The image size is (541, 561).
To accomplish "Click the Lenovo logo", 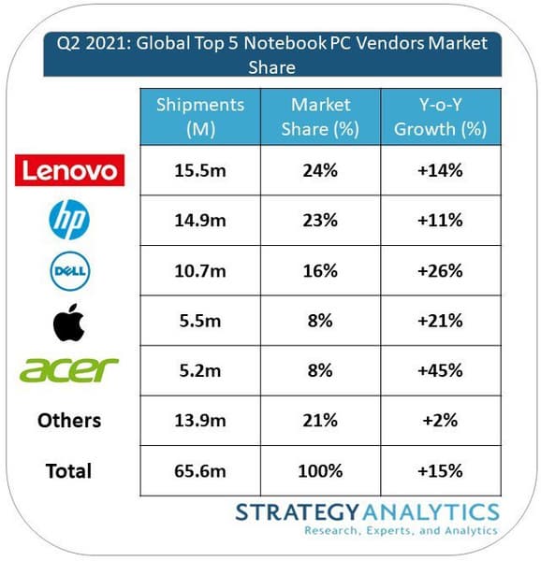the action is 69,170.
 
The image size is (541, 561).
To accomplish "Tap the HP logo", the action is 69,220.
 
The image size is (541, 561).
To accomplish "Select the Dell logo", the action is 70,271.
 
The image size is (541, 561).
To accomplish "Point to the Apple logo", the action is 68,322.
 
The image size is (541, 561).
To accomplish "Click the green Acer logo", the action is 68,370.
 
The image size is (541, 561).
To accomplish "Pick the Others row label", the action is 69,421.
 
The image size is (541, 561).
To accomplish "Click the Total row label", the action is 68,471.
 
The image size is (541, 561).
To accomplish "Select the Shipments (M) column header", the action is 200,117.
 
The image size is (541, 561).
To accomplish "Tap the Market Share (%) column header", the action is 320,117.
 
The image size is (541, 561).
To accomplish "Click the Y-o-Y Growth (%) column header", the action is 441,117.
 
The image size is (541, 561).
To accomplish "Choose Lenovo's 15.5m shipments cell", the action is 200,170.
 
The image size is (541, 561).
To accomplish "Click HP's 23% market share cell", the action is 320,220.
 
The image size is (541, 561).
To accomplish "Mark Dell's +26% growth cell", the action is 441,270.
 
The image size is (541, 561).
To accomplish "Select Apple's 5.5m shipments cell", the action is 200,321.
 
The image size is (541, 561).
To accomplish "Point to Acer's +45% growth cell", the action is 441,370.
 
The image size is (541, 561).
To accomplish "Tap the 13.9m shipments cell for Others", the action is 200,421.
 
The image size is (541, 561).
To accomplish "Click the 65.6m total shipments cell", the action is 200,471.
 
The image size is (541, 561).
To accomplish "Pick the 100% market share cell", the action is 320,471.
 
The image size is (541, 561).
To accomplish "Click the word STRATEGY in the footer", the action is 297,512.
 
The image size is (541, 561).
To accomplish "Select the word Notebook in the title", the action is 285,43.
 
